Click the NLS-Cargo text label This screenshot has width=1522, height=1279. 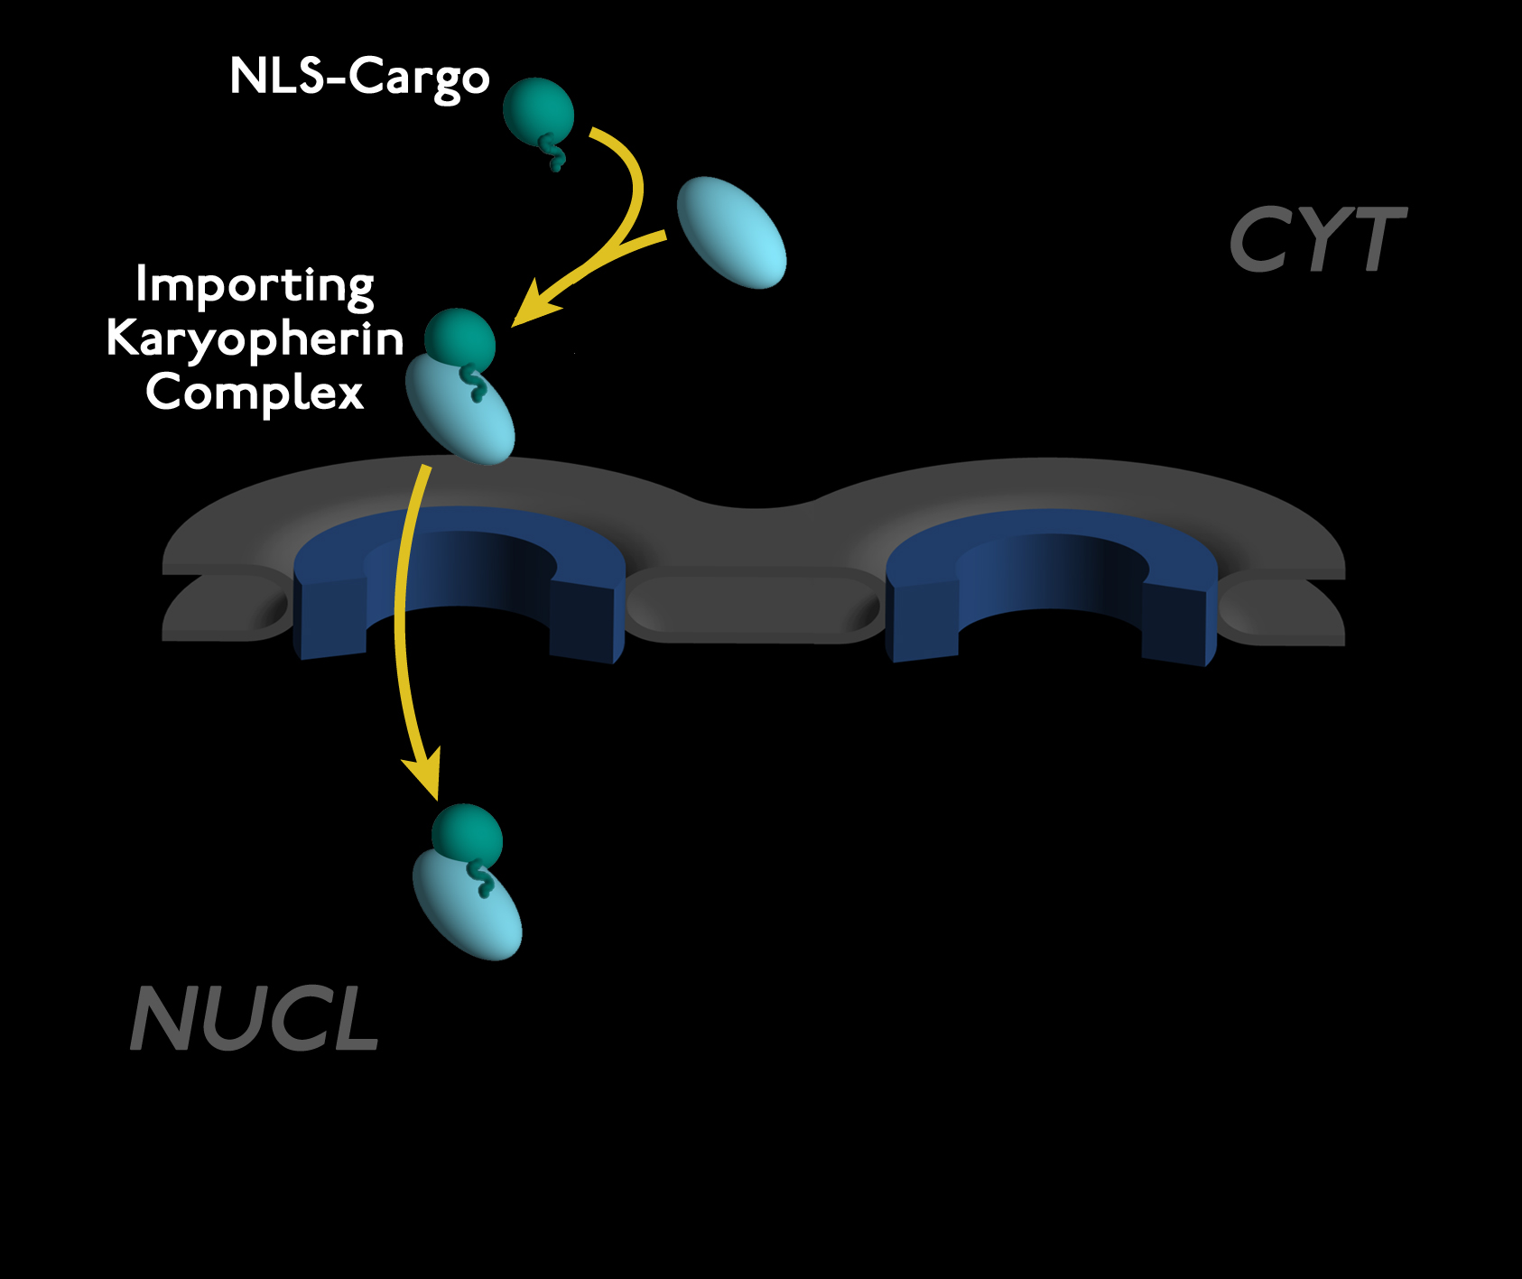(x=359, y=77)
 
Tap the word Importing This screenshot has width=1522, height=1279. (x=255, y=285)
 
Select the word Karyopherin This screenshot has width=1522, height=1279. (x=255, y=339)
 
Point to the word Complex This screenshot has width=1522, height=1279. (x=255, y=394)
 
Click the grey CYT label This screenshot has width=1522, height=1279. (x=1317, y=239)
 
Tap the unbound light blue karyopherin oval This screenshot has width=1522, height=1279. (x=731, y=233)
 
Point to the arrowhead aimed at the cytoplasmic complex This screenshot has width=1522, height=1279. (x=533, y=303)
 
